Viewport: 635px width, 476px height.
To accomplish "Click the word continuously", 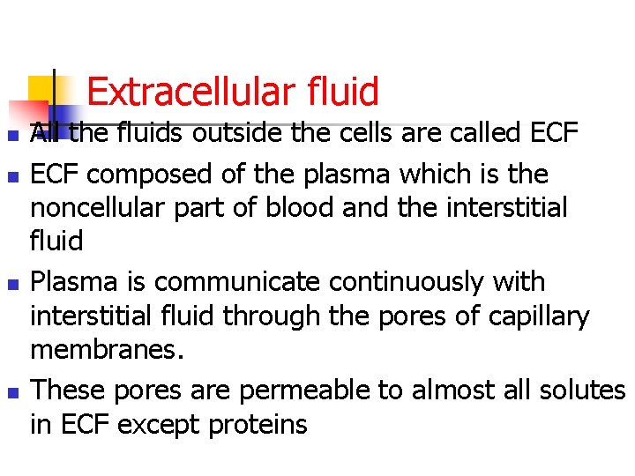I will tap(418, 283).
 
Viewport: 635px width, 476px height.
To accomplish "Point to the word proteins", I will tap(258, 425).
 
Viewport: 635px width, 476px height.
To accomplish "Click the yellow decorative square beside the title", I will tap(41, 89).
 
